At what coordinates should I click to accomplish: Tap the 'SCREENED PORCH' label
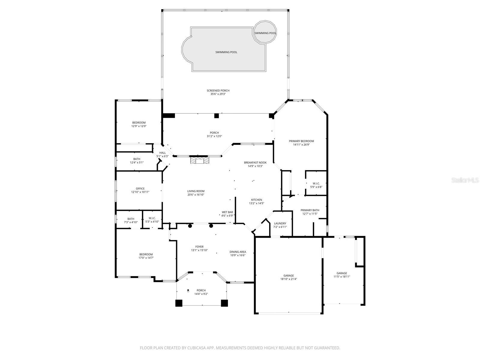coord(218,91)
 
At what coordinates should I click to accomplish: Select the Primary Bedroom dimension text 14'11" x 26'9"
coord(301,145)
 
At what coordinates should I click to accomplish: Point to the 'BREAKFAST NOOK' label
coord(255,163)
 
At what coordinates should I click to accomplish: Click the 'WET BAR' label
coord(227,212)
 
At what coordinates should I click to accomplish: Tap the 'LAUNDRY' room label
coord(280,223)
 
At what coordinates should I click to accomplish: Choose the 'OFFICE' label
coord(140,189)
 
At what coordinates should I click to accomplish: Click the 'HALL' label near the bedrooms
coord(163,153)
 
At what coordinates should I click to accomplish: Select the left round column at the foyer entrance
coord(190,226)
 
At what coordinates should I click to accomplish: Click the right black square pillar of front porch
coord(224,303)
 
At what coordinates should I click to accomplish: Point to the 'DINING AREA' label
coord(238,252)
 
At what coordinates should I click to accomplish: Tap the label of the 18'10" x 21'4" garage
coord(289,275)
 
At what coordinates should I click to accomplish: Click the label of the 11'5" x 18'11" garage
coord(342,273)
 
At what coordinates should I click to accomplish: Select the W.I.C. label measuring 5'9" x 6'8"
coord(316,183)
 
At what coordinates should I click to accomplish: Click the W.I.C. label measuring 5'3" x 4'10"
coord(152,219)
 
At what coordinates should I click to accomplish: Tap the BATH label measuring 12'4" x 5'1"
coord(137,159)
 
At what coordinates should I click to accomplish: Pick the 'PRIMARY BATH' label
coord(310,210)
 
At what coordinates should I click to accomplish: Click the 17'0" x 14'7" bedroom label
coord(146,254)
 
